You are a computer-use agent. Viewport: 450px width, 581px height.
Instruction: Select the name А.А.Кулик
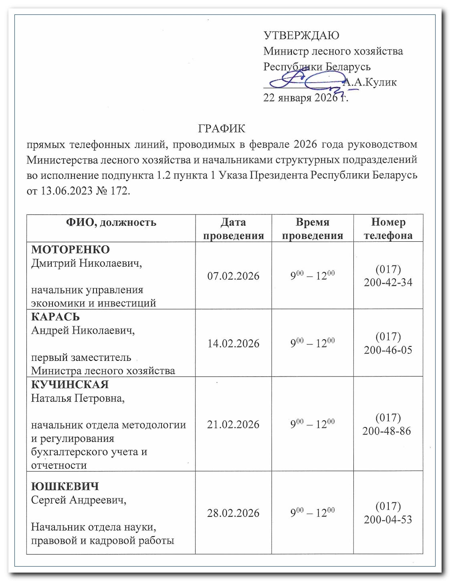coord(370,82)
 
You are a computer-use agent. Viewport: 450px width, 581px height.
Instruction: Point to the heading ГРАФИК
coord(222,129)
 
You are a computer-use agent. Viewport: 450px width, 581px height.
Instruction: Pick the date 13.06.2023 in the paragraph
coord(66,191)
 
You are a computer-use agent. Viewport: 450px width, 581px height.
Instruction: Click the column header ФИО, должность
coord(111,222)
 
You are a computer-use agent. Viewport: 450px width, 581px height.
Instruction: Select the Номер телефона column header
coord(388,229)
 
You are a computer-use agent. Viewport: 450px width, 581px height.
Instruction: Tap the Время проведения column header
coord(313,229)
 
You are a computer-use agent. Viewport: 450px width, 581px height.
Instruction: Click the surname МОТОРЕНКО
coord(71,249)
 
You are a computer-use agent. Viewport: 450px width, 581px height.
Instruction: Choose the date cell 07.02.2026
coord(233,276)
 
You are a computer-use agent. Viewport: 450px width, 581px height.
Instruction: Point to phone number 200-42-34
coord(388,282)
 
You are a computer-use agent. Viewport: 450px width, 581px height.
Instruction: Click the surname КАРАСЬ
coord(55,317)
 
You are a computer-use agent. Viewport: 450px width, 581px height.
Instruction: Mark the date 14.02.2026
coord(233,343)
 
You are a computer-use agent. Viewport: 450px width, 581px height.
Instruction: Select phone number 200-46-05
coord(388,350)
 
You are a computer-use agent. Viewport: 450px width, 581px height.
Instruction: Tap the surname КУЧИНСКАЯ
coord(70,384)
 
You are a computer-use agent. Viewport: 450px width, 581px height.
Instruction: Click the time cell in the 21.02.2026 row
coord(313,424)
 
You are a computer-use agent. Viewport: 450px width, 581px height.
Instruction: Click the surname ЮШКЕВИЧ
coord(65,486)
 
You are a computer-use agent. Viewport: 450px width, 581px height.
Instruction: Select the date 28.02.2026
coord(233,513)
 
